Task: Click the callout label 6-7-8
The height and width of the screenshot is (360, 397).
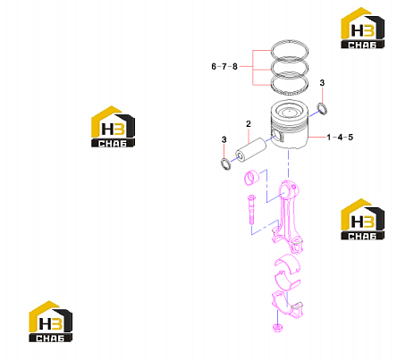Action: click(224, 66)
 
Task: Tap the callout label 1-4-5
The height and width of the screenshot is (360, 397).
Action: click(340, 138)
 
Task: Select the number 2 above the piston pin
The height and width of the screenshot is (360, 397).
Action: click(249, 124)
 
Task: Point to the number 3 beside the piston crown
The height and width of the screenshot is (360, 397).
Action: click(322, 83)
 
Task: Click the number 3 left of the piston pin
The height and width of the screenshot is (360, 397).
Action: click(224, 139)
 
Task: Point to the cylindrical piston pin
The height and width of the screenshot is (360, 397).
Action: click(251, 149)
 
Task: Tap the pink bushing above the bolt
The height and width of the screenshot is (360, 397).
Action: click(252, 178)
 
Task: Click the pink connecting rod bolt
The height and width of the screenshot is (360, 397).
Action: click(251, 209)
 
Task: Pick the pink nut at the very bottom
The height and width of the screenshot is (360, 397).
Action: click(277, 328)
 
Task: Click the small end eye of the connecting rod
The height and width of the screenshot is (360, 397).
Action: click(289, 190)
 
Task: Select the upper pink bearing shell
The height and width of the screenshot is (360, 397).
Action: click(287, 263)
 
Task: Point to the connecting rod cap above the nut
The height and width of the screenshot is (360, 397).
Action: click(288, 305)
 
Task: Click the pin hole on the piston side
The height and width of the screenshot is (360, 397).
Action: click(278, 136)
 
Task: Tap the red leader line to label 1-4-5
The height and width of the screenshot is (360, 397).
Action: click(317, 137)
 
